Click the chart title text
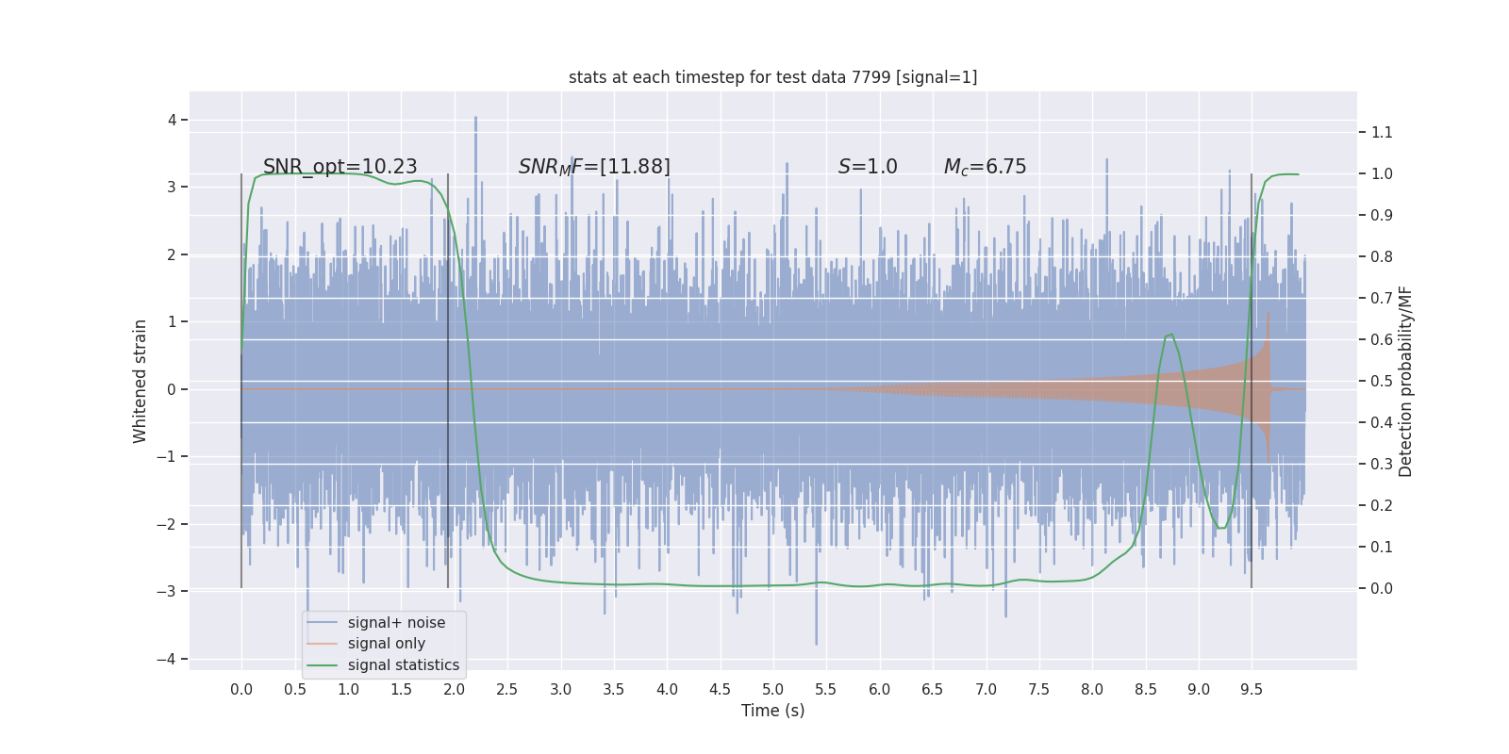[772, 77]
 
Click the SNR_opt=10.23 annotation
[340, 167]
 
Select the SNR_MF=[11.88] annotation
[594, 167]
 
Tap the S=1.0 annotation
[868, 167]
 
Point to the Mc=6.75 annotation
[985, 167]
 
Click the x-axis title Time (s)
[772, 711]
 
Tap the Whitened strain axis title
[141, 381]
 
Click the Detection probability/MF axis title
[1405, 381]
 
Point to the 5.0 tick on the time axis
[772, 690]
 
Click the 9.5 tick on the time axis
[1252, 690]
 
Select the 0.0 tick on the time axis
[241, 690]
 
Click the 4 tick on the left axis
[173, 120]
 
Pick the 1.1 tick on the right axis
[1382, 132]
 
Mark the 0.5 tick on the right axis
[1382, 381]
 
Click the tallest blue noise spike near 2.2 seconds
[475, 120]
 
